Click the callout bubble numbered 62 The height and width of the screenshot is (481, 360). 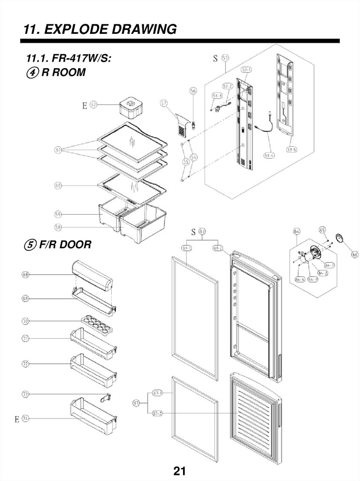(93, 105)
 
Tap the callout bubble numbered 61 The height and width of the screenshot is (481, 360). (58, 150)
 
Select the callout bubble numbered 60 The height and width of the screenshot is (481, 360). (58, 186)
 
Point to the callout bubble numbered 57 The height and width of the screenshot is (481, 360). (164, 103)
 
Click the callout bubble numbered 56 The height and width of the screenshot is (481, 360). (193, 90)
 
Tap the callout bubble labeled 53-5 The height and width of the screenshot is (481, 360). (292, 150)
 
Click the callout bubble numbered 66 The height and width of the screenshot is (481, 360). (354, 254)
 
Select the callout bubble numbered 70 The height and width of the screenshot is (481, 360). (25, 321)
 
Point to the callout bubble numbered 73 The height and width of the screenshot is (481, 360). (25, 393)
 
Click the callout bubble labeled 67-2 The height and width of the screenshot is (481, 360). (157, 413)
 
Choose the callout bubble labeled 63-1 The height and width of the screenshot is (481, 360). (186, 248)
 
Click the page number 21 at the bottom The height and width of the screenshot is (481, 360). (180, 471)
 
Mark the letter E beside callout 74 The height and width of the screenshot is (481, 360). (16, 419)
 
